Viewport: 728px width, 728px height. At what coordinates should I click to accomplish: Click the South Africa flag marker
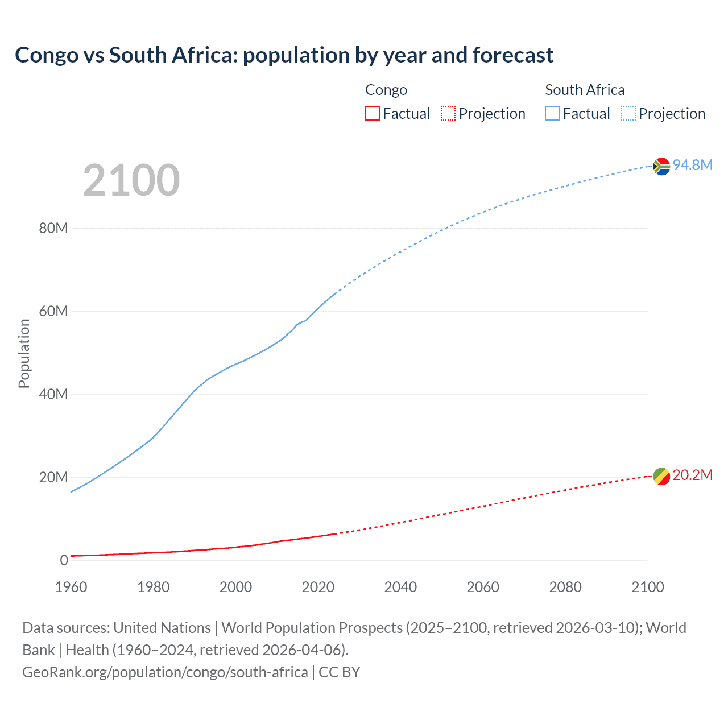click(x=661, y=166)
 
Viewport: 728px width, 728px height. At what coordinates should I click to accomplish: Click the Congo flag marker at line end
click(x=661, y=477)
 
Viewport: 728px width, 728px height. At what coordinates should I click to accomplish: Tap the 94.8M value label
click(x=692, y=165)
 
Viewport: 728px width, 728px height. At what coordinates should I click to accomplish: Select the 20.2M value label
click(x=692, y=475)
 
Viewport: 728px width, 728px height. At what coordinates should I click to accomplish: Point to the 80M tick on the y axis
click(x=53, y=229)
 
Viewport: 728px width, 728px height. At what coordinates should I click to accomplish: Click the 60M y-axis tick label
click(x=53, y=312)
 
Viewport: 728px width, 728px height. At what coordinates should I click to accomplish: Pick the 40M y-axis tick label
click(x=53, y=395)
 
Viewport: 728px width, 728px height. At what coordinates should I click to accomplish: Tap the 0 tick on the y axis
click(x=64, y=561)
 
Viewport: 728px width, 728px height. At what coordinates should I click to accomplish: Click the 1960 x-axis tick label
click(x=71, y=587)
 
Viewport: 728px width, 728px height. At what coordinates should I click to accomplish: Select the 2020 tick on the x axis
click(x=318, y=587)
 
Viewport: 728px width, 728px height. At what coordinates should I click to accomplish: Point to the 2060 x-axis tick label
click(x=483, y=587)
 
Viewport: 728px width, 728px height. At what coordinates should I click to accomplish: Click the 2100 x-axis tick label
click(x=647, y=587)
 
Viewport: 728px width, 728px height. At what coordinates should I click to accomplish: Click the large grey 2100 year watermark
click(x=131, y=180)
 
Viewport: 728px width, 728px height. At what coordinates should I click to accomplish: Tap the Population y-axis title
click(x=24, y=353)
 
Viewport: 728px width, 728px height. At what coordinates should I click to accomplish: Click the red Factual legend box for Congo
click(x=373, y=114)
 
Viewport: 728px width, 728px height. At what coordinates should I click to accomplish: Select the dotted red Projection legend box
click(x=448, y=114)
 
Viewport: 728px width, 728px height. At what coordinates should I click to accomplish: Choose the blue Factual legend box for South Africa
click(x=552, y=114)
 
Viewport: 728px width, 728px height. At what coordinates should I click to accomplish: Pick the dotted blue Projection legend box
click(x=628, y=114)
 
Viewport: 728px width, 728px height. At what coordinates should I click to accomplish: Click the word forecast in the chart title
click(x=513, y=55)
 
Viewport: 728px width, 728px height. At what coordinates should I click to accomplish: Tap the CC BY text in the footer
click(x=340, y=672)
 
